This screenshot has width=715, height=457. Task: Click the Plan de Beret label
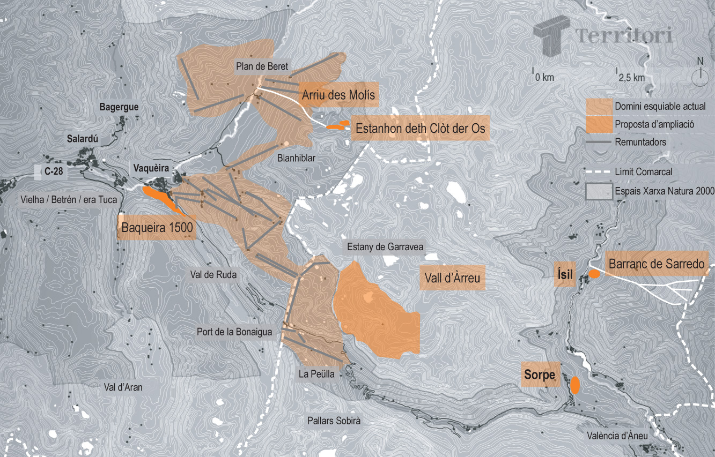262,67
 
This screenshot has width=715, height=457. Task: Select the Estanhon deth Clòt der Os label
421,129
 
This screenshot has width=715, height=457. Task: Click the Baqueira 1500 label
157,228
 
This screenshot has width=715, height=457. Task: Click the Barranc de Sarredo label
656,264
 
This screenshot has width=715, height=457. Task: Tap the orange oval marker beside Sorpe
575,385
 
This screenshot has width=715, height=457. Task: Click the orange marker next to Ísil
594,274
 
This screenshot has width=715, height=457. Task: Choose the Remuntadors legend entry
640,143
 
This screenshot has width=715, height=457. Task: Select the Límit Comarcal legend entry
643,172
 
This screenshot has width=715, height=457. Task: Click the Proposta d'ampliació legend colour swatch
599,124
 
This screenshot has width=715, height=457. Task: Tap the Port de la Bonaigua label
234,332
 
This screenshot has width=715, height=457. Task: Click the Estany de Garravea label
385,248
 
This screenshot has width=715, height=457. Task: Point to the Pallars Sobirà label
334,421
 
